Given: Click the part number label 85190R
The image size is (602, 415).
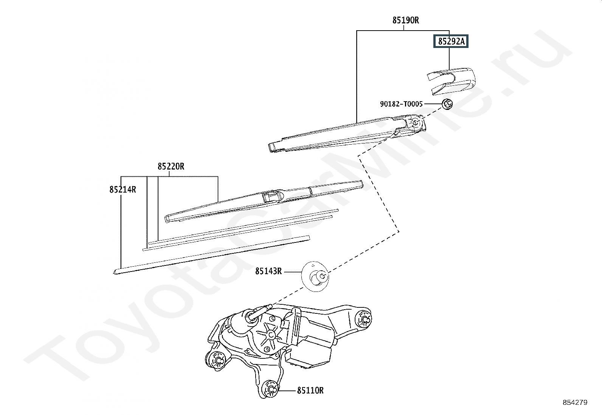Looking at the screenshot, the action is pyautogui.click(x=405, y=20).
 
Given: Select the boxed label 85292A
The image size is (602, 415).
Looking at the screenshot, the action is pyautogui.click(x=451, y=41).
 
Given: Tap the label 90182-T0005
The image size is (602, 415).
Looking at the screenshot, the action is pyautogui.click(x=401, y=104).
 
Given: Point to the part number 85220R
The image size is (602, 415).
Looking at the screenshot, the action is pyautogui.click(x=171, y=167).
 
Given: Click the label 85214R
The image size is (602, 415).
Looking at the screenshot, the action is pyautogui.click(x=123, y=190).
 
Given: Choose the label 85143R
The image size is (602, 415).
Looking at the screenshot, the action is pyautogui.click(x=268, y=271).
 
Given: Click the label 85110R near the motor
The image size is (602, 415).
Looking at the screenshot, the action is pyautogui.click(x=310, y=390).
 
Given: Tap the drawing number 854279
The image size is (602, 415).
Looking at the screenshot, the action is pyautogui.click(x=575, y=403).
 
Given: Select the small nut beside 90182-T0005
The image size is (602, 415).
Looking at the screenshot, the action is pyautogui.click(x=447, y=104).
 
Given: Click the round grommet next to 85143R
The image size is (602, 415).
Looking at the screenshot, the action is pyautogui.click(x=315, y=276).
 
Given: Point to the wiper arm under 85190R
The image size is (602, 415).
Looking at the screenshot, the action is pyautogui.click(x=347, y=133).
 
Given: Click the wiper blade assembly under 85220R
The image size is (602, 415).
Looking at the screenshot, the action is pyautogui.click(x=263, y=201).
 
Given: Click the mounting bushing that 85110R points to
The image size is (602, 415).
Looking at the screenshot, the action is pyautogui.click(x=270, y=389).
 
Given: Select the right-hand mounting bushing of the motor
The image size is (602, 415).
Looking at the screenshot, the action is pyautogui.click(x=364, y=319).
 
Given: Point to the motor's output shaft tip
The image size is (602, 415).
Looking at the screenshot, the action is pyautogui.click(x=270, y=306).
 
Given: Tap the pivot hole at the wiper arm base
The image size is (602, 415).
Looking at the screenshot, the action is pyautogui.click(x=416, y=123).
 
